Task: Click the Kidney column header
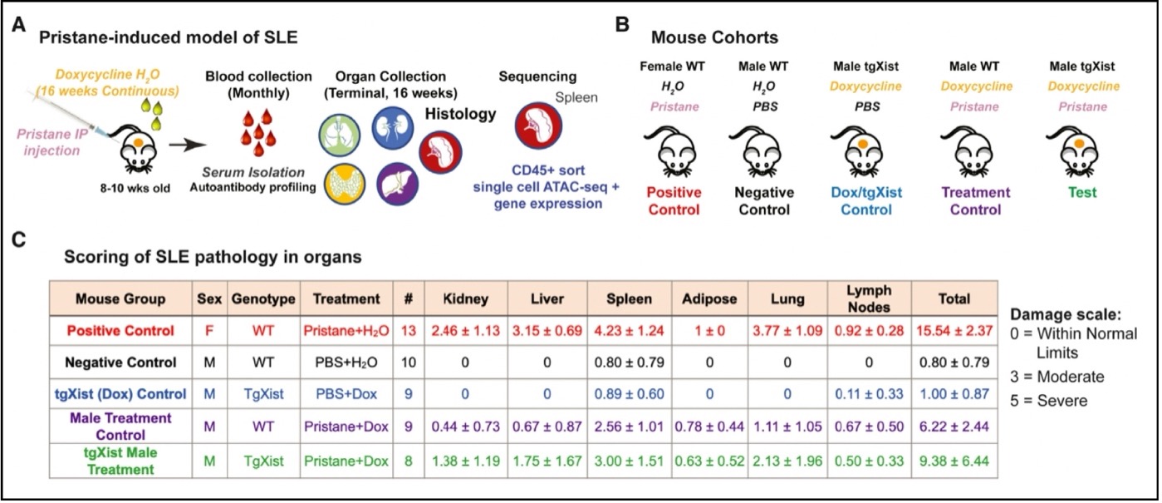(465, 299)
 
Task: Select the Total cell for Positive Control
(954, 331)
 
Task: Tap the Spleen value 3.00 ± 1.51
(629, 461)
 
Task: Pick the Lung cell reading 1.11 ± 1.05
(787, 427)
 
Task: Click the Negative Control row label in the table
(120, 362)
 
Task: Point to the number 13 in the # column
(409, 331)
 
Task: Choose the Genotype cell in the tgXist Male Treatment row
(263, 461)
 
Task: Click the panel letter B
(622, 24)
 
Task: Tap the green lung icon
(339, 136)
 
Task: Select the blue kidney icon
(393, 128)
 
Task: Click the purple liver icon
(397, 184)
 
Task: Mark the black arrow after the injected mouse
(187, 145)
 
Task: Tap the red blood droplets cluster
(258, 132)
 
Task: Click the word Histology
(461, 114)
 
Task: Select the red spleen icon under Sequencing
(538, 126)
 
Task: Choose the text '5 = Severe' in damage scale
(1048, 401)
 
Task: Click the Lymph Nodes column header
(869, 298)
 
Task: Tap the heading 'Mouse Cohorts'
(714, 37)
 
